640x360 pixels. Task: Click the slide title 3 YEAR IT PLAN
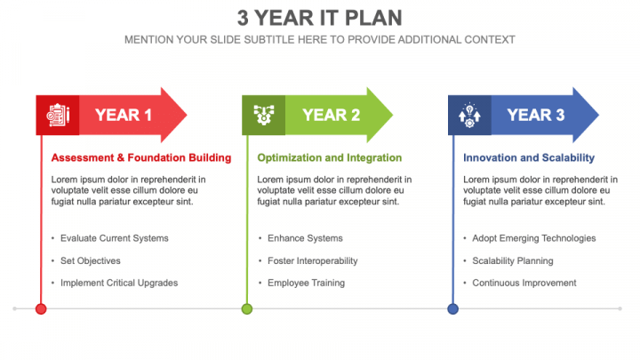click(x=320, y=18)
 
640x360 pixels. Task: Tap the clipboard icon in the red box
click(x=58, y=115)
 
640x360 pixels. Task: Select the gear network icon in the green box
click(x=264, y=115)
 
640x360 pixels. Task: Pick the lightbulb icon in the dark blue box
click(x=469, y=115)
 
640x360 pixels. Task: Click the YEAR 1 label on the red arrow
click(x=124, y=115)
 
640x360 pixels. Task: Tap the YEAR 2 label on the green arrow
click(x=331, y=115)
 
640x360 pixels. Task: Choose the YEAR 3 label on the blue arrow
click(x=536, y=115)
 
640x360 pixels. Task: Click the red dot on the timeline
click(x=41, y=309)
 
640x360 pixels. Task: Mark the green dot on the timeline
click(x=247, y=309)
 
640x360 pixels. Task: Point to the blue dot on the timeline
click(x=453, y=309)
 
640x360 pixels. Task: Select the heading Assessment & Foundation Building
click(x=141, y=157)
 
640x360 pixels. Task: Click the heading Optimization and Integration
click(x=330, y=157)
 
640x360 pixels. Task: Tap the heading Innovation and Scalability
click(x=529, y=157)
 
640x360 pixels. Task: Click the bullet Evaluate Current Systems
click(x=115, y=238)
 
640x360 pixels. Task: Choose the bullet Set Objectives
click(x=90, y=260)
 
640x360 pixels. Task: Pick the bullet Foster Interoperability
click(x=313, y=260)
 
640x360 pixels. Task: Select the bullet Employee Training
click(x=306, y=283)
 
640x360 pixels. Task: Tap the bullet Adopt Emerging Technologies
click(x=534, y=238)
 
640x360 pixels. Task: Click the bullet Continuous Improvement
click(x=524, y=283)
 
